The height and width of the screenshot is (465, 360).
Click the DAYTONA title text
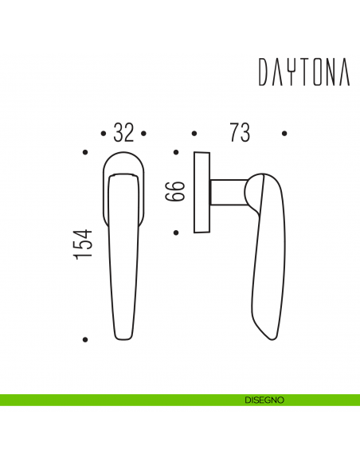[x=303, y=72]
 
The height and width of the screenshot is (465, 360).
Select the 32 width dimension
[x=123, y=133]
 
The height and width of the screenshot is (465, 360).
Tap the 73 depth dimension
[x=239, y=133]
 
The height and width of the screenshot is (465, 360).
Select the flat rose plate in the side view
[x=201, y=192]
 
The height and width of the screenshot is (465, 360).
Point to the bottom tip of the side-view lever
[x=265, y=338]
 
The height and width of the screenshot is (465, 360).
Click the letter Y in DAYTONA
[x=288, y=72]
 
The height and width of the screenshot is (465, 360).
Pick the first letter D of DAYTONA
[x=264, y=72]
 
